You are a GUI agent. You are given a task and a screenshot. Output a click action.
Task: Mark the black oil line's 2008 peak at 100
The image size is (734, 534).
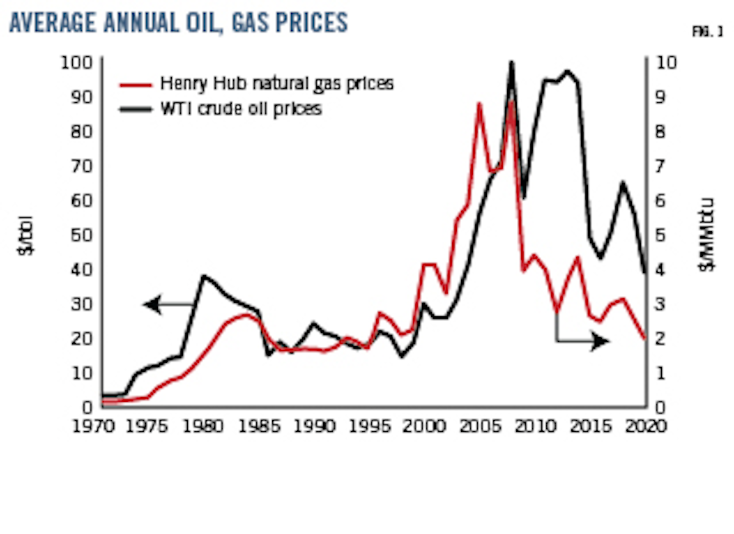512,63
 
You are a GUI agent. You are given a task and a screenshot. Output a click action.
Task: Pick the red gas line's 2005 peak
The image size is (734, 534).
480,104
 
